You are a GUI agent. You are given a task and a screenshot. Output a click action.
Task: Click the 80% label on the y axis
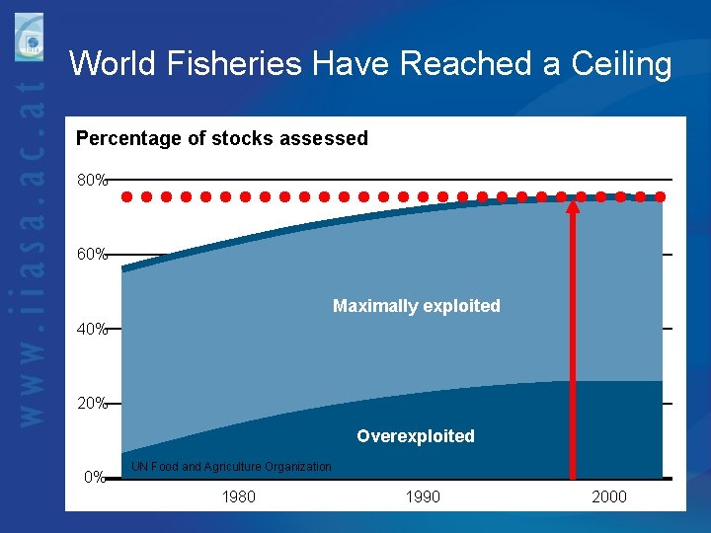click(92, 181)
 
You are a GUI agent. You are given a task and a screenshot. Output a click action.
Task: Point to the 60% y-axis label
click(92, 255)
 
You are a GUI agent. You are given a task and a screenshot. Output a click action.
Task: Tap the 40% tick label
click(92, 329)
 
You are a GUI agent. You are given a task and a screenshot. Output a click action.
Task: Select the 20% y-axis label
click(92, 403)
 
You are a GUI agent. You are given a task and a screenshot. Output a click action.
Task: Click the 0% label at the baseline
click(95, 478)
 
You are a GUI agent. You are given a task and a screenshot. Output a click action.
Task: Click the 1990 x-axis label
click(423, 496)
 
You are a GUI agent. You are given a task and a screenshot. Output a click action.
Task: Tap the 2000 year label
click(608, 496)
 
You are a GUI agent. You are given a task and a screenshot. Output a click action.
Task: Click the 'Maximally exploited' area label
click(416, 306)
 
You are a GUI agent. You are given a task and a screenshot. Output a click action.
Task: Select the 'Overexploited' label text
click(415, 436)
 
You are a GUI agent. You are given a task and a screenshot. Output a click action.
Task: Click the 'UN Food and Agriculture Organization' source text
click(231, 466)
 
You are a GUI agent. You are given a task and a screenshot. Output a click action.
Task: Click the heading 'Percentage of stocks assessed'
click(222, 138)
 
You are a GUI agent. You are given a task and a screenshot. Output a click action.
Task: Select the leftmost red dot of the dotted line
click(126, 196)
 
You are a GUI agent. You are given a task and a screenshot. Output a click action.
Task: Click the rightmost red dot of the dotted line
click(660, 196)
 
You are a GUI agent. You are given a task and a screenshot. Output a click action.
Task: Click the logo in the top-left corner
click(29, 38)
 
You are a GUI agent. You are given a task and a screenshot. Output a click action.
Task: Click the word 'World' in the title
click(111, 65)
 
